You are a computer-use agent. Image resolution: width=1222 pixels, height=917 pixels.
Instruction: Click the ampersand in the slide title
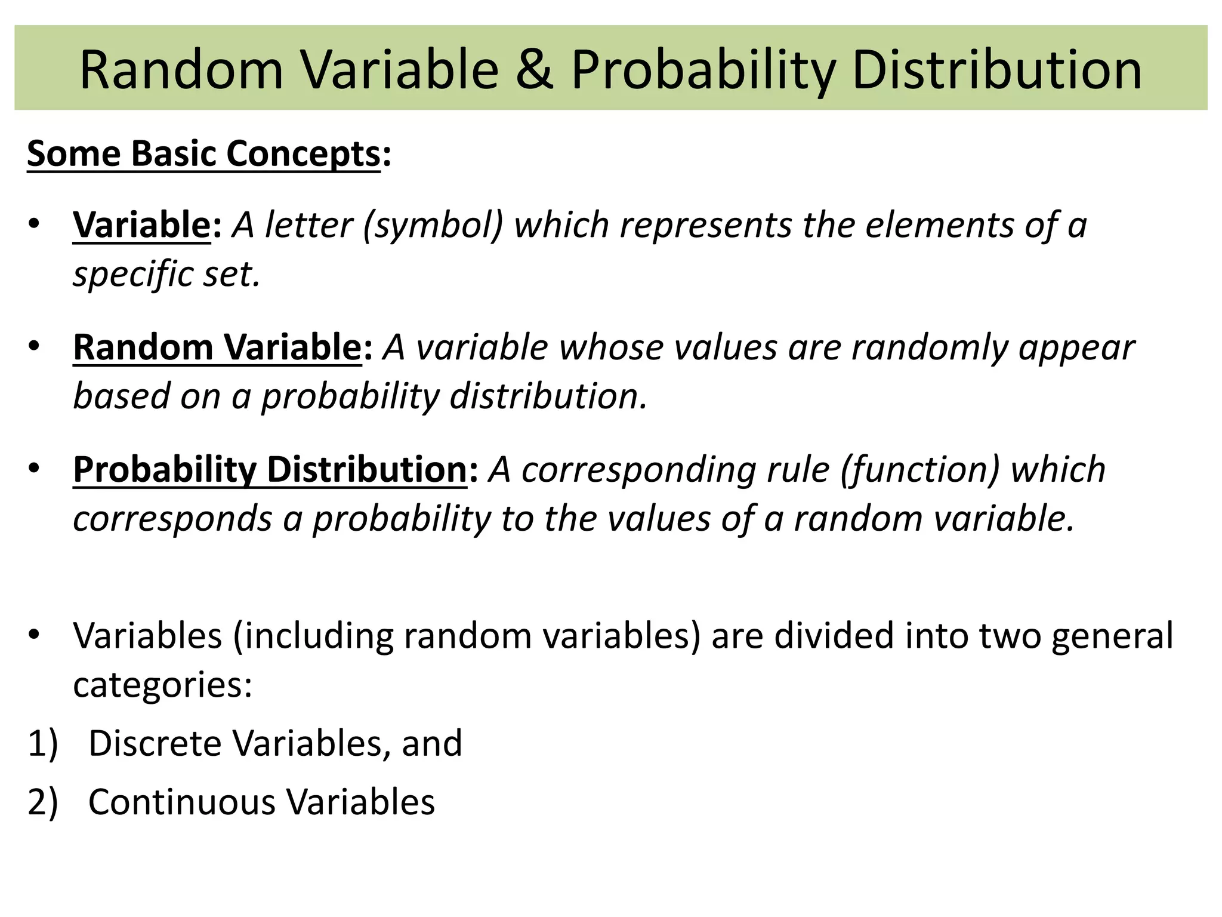tap(535, 70)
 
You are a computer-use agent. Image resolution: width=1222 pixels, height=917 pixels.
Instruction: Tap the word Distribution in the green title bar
tap(996, 70)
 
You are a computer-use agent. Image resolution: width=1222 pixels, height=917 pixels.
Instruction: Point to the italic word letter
tap(308, 226)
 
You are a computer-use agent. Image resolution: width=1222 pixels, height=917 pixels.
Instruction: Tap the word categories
tap(162, 685)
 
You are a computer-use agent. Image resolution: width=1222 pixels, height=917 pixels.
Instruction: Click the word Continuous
tap(181, 802)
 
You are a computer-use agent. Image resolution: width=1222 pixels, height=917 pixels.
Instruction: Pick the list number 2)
tap(42, 802)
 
